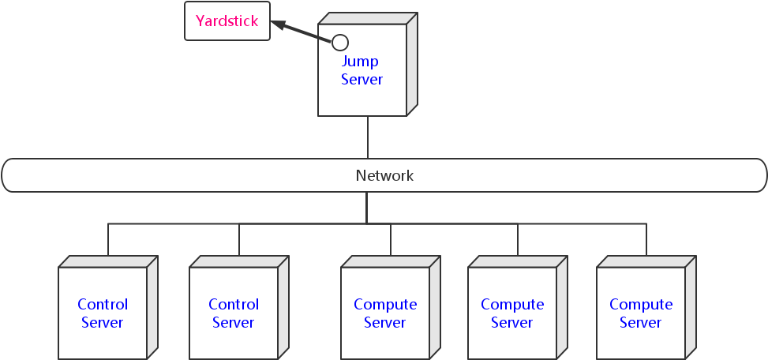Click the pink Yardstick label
227,21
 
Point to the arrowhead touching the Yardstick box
277,24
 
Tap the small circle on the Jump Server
340,42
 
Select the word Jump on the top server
360,61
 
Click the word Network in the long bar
384,175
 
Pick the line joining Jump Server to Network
367,137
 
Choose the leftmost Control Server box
103,313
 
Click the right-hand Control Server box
234,313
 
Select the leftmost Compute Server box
385,313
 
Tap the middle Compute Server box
512,313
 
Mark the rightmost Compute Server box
641,313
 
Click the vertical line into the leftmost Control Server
108,240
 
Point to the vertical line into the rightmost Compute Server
646,240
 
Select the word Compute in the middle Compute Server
512,304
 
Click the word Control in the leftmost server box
103,304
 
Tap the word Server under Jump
362,79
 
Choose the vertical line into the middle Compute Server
518,240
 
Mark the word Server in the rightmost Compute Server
641,322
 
